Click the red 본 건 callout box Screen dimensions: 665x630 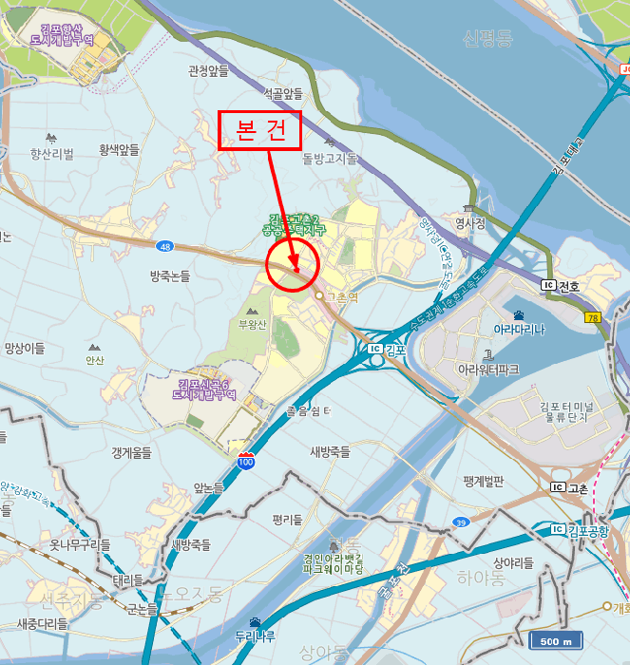(259, 131)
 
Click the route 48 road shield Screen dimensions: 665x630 (166, 247)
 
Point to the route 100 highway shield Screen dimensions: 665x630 (246, 461)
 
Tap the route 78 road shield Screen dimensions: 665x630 (594, 318)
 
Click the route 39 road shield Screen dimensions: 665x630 (461, 522)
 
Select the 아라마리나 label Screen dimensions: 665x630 (519, 330)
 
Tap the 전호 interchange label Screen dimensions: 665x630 (569, 285)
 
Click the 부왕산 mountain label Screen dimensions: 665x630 (254, 324)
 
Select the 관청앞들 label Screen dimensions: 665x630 (209, 70)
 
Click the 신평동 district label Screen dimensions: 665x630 (487, 39)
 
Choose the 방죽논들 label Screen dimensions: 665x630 (170, 276)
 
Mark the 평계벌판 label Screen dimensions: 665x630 (484, 482)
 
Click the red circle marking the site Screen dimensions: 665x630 (292, 266)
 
